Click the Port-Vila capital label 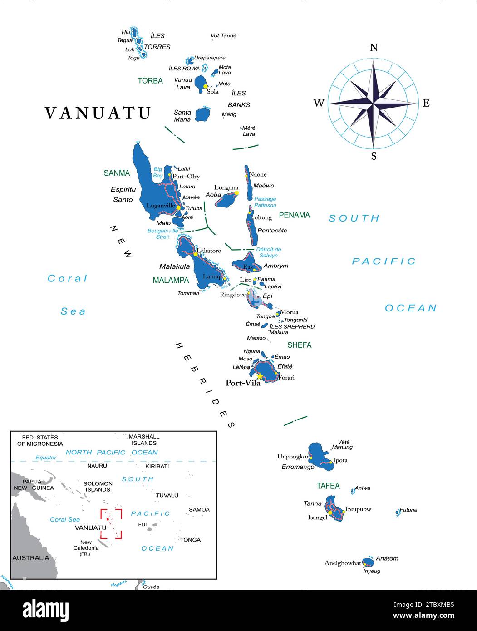tap(243, 383)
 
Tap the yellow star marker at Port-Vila tap(259, 376)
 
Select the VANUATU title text tap(98, 113)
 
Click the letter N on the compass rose tap(374, 48)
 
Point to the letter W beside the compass tap(319, 103)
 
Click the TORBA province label tap(150, 81)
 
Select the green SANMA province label tap(117, 173)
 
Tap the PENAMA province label tap(294, 215)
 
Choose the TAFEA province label tap(328, 486)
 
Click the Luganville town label tap(160, 206)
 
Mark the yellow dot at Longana tap(236, 193)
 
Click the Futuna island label tap(408, 510)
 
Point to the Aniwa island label tap(362, 488)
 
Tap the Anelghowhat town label tap(342, 563)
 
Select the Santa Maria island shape tap(202, 114)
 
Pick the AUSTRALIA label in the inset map tap(30, 558)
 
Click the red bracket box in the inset tap(111, 523)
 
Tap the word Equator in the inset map tap(46, 458)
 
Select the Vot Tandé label tap(223, 35)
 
